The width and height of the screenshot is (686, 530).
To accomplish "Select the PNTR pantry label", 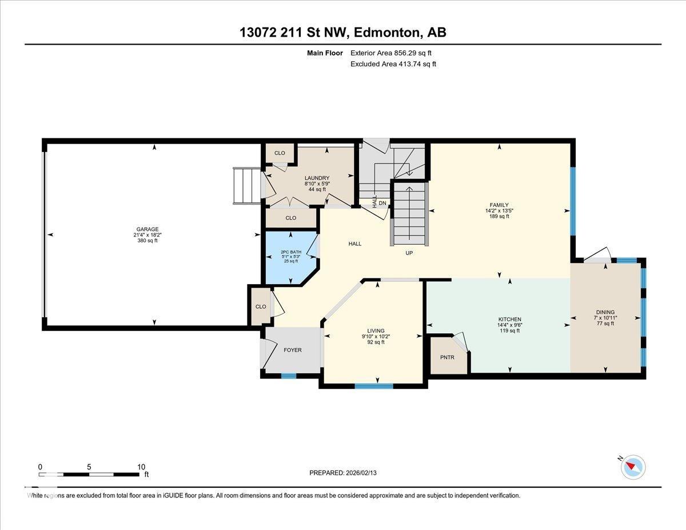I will pos(446,357).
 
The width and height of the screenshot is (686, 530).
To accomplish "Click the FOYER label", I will pos(293,350).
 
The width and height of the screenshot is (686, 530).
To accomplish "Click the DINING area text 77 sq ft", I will pos(604,324).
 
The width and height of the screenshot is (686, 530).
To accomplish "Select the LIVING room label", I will pos(376,330).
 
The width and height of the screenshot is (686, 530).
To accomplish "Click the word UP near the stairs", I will pos(409,253).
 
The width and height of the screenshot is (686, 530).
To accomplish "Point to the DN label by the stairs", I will pos(382,202).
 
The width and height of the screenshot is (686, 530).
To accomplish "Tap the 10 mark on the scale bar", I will pos(141,467).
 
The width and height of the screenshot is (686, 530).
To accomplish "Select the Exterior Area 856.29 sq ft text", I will pos(391,53).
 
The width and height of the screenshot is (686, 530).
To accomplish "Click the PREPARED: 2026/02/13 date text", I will pos(342,473).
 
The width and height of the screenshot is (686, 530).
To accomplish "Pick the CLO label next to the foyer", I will pos(261,306).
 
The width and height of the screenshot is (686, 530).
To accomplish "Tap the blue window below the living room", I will pos(374,386).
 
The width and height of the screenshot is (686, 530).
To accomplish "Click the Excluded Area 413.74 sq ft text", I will pos(393,64).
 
